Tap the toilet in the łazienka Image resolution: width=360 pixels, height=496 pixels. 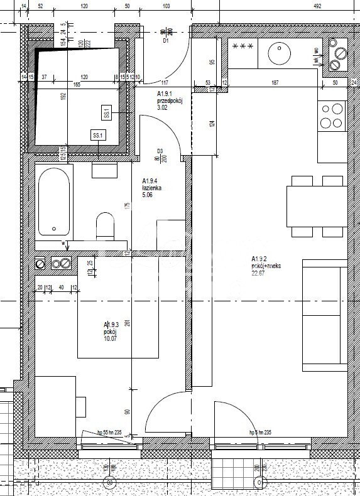pos(104,225)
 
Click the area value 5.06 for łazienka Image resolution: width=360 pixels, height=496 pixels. pos(151,195)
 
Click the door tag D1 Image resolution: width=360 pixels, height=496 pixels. pos(166,42)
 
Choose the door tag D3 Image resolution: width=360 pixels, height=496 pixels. pos(160,151)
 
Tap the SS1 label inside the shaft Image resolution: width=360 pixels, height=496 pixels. pos(106,114)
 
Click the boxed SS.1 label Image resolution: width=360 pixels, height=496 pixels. pos(98,135)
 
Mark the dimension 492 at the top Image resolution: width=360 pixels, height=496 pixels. pos(318,6)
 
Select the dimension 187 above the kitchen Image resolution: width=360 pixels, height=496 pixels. pos(275,82)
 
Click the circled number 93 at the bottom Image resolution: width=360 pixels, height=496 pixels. pos(110,483)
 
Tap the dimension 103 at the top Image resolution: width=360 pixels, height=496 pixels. pos(166,6)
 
